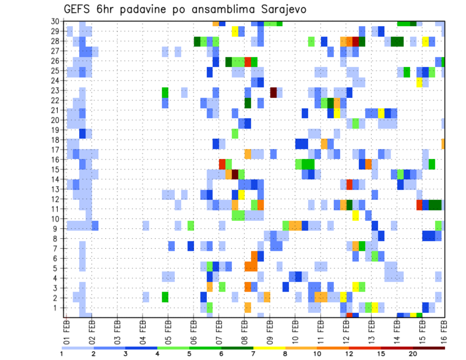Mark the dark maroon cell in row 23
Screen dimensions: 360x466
[273, 92]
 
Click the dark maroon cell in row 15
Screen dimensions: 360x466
[235, 174]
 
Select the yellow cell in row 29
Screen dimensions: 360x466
[235, 32]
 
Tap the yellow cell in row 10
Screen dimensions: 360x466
[355, 215]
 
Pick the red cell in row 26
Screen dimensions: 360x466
[248, 62]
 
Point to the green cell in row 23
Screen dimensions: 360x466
[165, 92]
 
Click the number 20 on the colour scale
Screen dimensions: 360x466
[413, 353]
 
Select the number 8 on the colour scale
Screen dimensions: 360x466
[285, 353]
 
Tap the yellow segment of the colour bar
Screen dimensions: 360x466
[269, 347]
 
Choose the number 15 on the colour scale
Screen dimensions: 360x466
[381, 353]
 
